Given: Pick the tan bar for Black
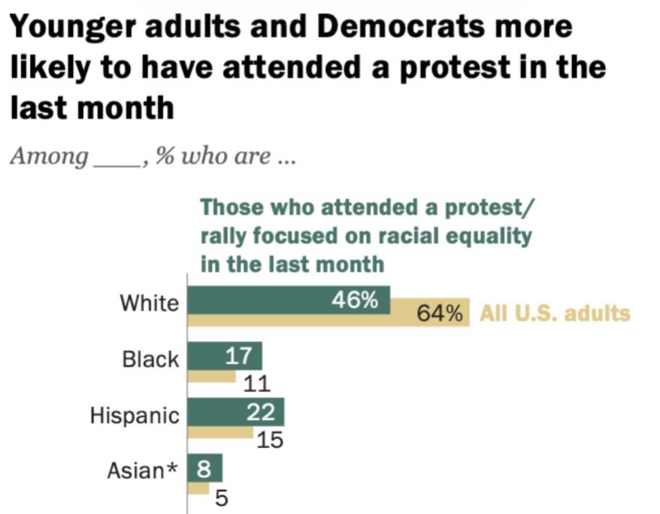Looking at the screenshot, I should click(x=211, y=376).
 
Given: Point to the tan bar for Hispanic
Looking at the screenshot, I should click(x=220, y=433).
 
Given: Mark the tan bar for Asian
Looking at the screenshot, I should click(x=198, y=488).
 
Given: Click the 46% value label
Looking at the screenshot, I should click(x=355, y=301).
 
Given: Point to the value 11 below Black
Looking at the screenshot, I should click(x=256, y=385).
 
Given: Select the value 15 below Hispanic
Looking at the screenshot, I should click(x=269, y=440).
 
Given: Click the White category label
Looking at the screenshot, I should click(x=150, y=303).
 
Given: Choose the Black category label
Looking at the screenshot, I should click(x=151, y=359).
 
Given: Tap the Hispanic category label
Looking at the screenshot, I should click(x=135, y=416).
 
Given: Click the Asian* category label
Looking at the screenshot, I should click(x=143, y=471).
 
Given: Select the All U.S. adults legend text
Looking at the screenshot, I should click(x=555, y=313).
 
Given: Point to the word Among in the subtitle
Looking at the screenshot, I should click(x=48, y=158).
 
